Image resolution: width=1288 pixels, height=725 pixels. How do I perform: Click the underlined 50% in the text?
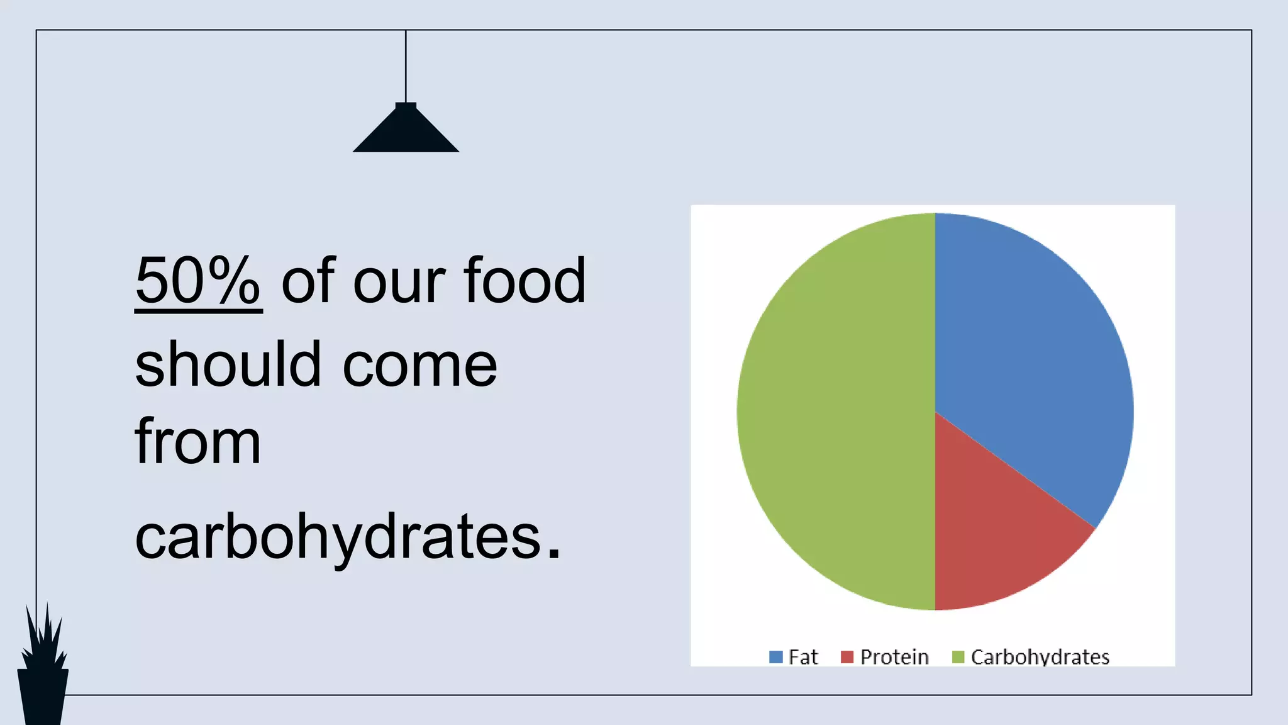coord(198,281)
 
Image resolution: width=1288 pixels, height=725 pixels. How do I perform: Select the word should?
coord(228,364)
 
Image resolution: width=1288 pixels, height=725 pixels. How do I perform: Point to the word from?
coord(197,442)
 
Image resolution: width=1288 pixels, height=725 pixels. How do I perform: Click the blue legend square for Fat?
coord(776,657)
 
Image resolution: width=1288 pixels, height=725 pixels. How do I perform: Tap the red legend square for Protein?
coord(847,657)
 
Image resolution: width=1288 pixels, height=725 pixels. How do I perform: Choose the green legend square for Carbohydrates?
coord(958,657)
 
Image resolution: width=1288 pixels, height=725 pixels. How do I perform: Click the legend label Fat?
coord(803,657)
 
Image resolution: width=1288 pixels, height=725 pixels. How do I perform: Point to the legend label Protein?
coord(894,657)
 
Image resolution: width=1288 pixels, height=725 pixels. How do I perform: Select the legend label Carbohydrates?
coord(1040,657)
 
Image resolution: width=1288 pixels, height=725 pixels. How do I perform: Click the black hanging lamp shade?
coord(406,132)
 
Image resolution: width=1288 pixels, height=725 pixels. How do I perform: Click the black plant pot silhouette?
coord(43,695)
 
